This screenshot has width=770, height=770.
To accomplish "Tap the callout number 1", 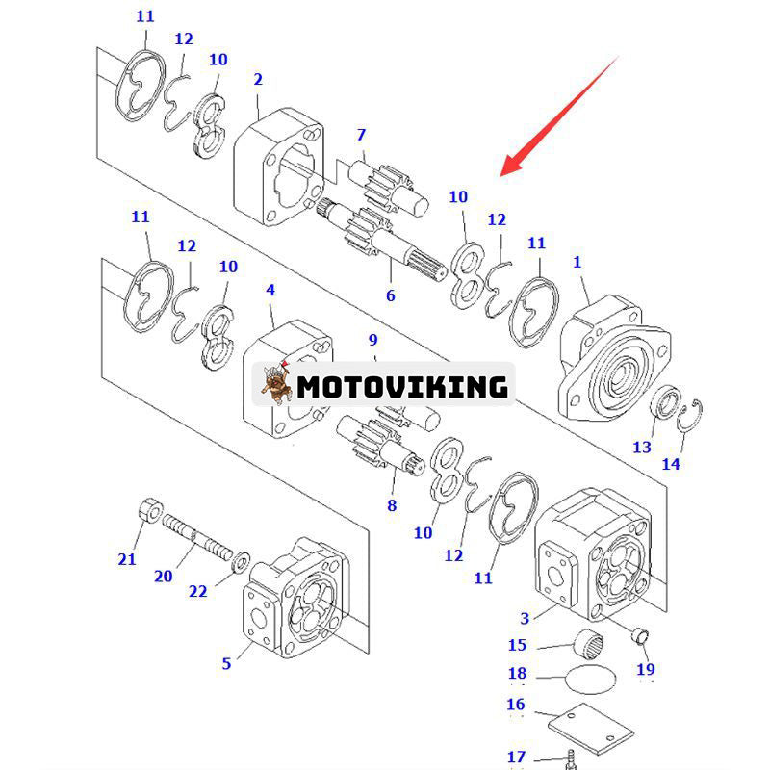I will click(577, 261).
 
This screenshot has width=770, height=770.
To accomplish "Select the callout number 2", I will click(258, 80).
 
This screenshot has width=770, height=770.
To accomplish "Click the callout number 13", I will click(642, 447).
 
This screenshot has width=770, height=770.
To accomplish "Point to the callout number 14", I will click(671, 464).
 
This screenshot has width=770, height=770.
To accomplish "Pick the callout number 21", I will click(127, 559).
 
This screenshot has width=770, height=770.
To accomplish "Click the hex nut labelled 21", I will click(150, 510).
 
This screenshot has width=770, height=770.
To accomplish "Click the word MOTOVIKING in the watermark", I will click(401, 387).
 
